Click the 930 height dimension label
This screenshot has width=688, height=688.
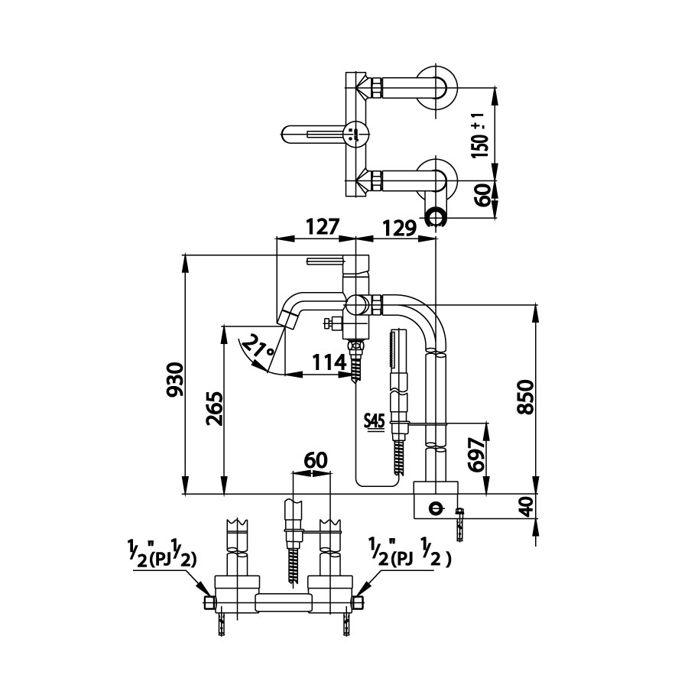pos(176,380)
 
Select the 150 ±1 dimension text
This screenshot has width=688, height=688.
pos(479,134)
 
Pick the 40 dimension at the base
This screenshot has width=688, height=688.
pos(525,506)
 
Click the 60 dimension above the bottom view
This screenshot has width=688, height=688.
pos(316,461)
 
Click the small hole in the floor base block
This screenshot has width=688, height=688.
pos(435,506)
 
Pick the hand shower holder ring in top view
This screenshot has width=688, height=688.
pos(434,217)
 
